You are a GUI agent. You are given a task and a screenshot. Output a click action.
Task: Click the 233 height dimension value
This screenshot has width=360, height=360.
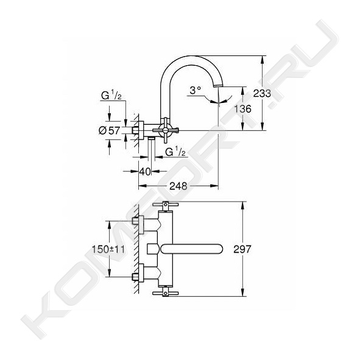pos(262,93)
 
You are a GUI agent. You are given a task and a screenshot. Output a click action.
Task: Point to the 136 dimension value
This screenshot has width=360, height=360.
pos(242,109)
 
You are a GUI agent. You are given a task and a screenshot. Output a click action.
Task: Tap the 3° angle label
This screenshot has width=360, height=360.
pos(196,90)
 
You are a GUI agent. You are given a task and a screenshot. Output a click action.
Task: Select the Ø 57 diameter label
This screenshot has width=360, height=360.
pos(109,130)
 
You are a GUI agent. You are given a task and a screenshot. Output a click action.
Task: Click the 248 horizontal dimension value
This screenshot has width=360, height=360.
pos(178,186)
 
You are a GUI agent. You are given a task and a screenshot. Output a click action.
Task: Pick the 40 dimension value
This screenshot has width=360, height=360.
pos(145,171)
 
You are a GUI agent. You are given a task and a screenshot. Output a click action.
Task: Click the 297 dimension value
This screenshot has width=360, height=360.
pos(242,249)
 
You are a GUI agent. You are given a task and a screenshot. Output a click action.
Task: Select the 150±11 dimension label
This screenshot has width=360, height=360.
pos(108,249)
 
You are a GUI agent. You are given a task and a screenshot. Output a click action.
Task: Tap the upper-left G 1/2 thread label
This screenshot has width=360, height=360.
pos(111,96)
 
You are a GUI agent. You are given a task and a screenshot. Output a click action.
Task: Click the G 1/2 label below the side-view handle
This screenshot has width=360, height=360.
pos(175,152)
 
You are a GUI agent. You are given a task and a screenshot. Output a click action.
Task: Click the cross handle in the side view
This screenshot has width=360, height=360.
pos(165,130)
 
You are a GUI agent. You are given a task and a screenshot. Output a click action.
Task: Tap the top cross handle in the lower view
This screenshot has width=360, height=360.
pos(165,205)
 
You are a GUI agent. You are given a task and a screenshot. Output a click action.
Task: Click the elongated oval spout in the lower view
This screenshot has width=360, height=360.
pos(192,249)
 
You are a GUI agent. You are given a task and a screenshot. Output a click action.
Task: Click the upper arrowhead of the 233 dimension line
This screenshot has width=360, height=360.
pos(263,58)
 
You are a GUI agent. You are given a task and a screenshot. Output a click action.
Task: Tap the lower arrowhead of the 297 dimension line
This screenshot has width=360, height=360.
pos(242,293)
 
